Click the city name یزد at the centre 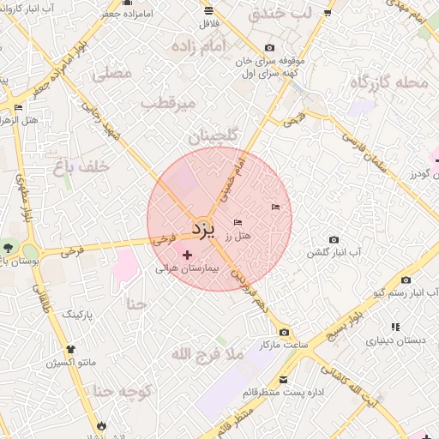point(201,229)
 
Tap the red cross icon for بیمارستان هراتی point(188,255)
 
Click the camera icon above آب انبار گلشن point(334,239)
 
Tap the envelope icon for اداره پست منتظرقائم point(284,379)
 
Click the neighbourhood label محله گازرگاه point(389,83)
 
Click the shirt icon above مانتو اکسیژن point(70,350)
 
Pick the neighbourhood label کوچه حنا point(123,392)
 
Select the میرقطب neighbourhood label point(169,104)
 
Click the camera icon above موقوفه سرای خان point(270,48)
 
